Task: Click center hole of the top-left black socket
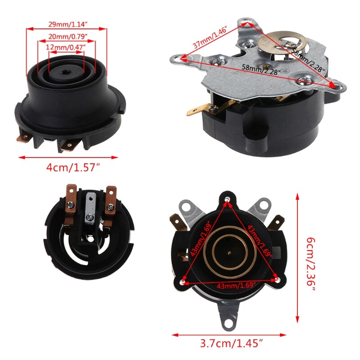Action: [x=65, y=71]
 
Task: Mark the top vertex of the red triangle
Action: [x=229, y=198]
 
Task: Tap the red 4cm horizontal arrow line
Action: [x=67, y=157]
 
